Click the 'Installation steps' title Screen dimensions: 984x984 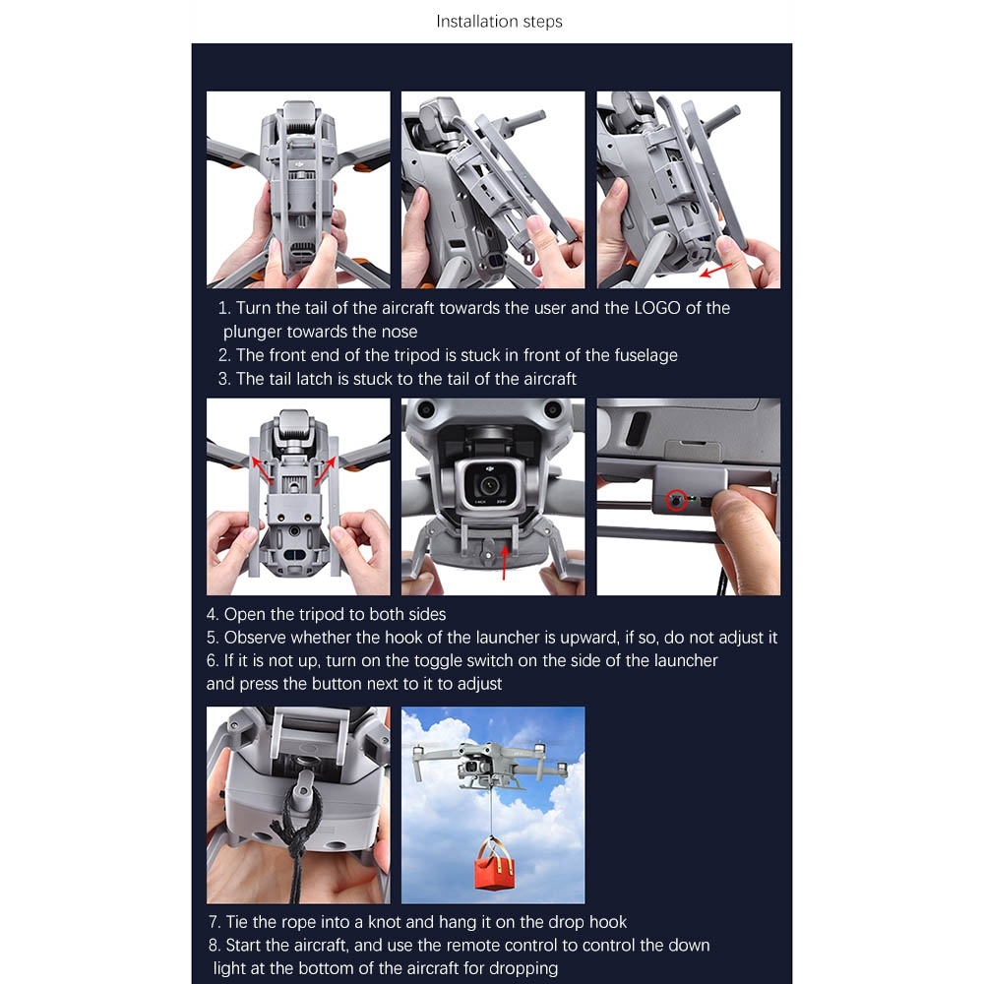point(499,22)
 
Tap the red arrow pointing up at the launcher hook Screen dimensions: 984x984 point(505,561)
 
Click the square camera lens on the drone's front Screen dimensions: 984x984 point(489,483)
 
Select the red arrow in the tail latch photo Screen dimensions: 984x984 point(716,270)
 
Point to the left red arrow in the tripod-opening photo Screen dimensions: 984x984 point(262,470)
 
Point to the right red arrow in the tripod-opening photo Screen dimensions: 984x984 point(326,470)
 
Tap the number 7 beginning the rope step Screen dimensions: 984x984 point(214,922)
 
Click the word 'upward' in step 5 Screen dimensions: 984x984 point(588,638)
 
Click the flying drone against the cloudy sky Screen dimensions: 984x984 point(489,765)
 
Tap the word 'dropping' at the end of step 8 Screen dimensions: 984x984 point(523,968)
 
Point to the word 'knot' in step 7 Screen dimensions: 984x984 point(385,922)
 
